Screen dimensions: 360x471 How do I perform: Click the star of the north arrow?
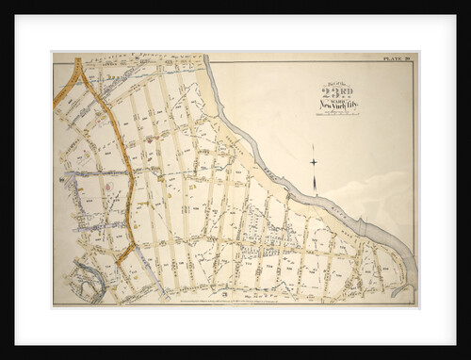tap(313, 162)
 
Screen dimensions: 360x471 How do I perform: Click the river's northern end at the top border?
tap(206, 58)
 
